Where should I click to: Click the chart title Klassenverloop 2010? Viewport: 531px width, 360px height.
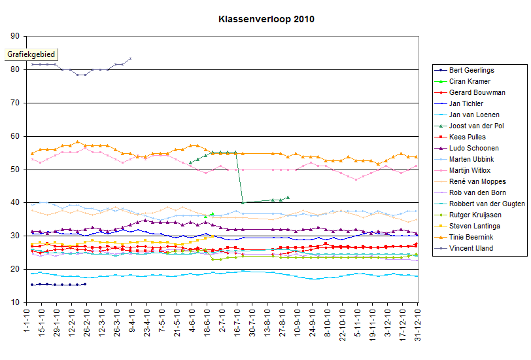[x=266, y=19]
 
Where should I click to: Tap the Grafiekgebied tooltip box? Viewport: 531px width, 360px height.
[x=31, y=55]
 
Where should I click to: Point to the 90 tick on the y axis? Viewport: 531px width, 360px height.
[x=15, y=37]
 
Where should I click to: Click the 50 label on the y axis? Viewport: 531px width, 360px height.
[x=15, y=170]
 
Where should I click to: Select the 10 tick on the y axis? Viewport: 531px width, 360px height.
[x=15, y=302]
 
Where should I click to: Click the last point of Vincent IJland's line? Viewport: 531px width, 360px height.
[x=131, y=58]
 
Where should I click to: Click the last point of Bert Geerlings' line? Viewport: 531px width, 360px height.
[x=85, y=284]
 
